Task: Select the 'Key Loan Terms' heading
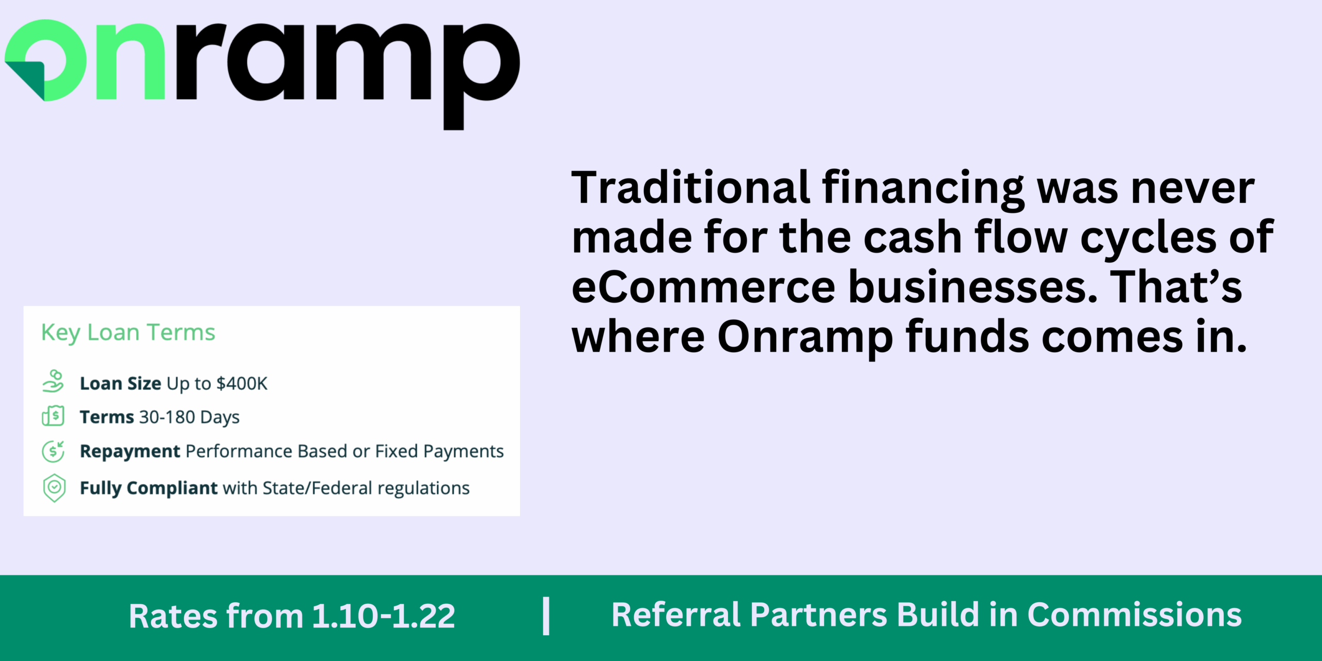click(x=128, y=333)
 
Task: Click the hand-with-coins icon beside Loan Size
click(x=53, y=381)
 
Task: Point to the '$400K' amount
click(x=242, y=383)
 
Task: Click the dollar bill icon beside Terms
click(x=53, y=416)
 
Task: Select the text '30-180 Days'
click(x=190, y=417)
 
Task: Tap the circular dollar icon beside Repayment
click(x=53, y=451)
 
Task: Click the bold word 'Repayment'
click(x=130, y=452)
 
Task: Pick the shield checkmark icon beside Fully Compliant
click(x=54, y=488)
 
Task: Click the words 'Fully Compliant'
click(x=149, y=489)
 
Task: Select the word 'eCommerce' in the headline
click(x=704, y=287)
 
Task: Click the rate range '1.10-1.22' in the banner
click(x=384, y=616)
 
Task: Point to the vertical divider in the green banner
click(x=546, y=616)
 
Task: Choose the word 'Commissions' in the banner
click(x=1135, y=615)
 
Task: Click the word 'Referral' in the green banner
click(x=676, y=615)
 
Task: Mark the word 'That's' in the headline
click(x=1176, y=287)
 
